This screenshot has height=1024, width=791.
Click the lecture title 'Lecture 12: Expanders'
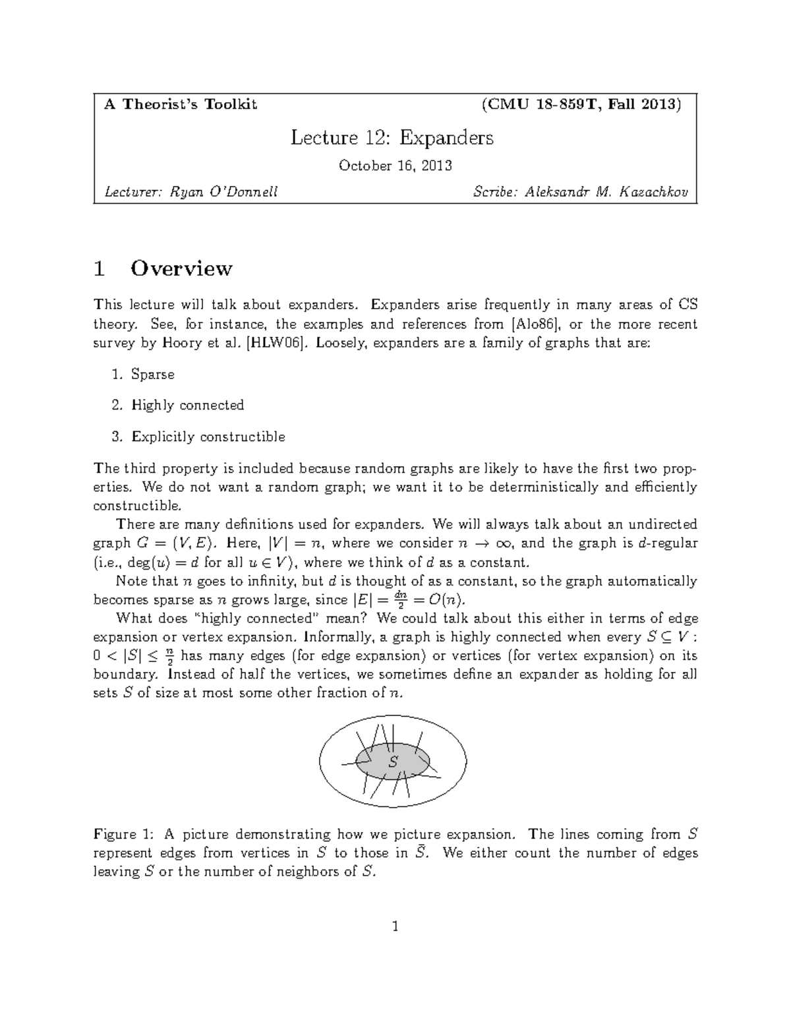tap(392, 138)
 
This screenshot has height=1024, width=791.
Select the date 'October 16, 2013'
tap(395, 166)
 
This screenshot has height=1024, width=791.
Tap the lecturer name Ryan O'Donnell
tap(224, 192)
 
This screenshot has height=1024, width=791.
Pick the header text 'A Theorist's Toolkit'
tap(181, 104)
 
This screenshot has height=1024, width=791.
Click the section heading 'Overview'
tap(181, 269)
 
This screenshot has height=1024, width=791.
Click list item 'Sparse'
tap(153, 375)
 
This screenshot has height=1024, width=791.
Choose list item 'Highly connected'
tap(188, 406)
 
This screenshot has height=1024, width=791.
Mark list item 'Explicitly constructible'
tap(208, 437)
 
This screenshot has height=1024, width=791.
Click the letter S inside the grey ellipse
tap(394, 762)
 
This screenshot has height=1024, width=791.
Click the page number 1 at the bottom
tap(395, 927)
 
